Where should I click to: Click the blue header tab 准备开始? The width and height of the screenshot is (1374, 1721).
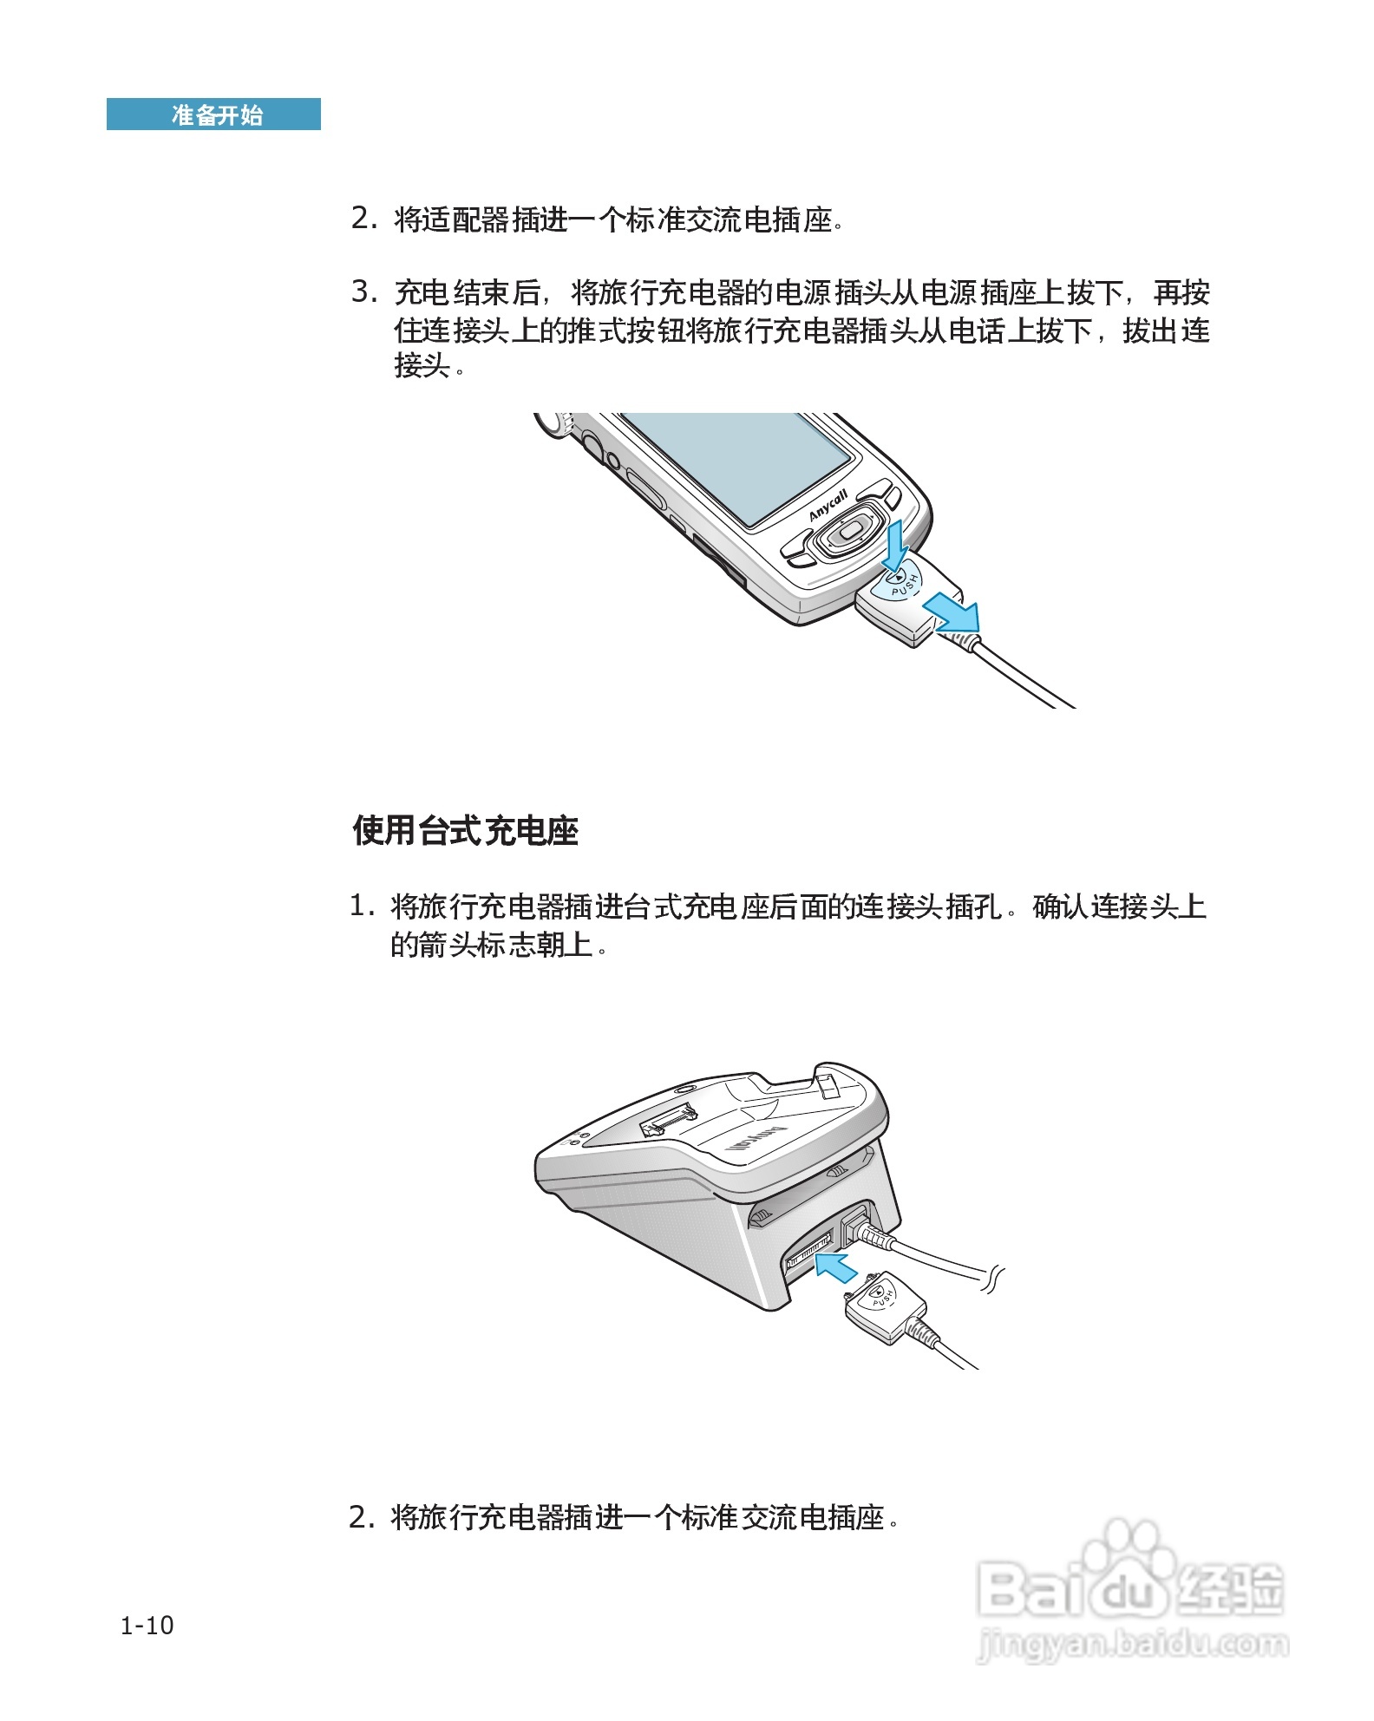click(x=213, y=115)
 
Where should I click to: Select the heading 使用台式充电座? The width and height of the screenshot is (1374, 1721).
click(x=465, y=830)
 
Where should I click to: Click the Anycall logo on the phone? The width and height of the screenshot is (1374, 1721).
click(x=828, y=506)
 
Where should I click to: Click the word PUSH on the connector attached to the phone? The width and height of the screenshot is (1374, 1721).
click(x=905, y=586)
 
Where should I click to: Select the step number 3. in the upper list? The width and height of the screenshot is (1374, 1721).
click(x=364, y=291)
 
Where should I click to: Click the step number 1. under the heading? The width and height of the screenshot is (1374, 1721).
click(x=362, y=906)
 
